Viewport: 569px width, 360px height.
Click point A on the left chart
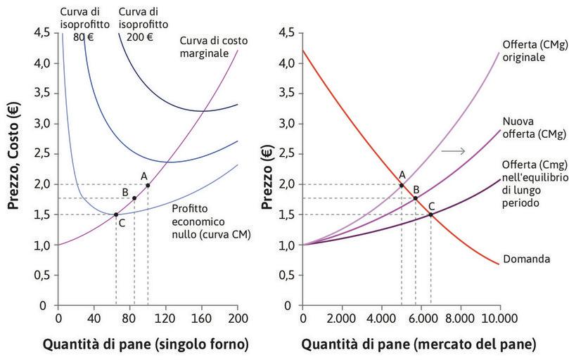148,185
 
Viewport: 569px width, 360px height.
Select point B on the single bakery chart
134,198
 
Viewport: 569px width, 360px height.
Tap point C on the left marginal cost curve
116,214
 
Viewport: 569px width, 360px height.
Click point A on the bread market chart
402,185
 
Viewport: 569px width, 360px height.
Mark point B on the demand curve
416,198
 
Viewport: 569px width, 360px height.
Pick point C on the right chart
431,214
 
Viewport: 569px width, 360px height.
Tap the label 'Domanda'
527,259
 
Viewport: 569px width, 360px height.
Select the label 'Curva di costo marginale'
213,46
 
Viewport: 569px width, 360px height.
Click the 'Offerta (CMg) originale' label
533,50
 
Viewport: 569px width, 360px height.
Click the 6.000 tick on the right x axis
421,318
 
